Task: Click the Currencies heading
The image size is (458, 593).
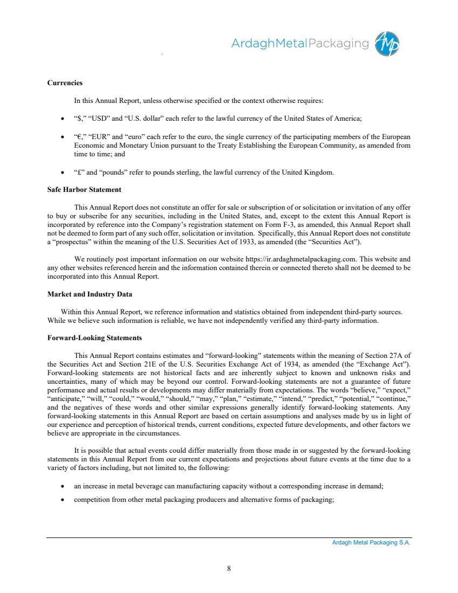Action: pyautogui.click(x=65, y=83)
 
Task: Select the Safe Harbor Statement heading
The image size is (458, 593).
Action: pyautogui.click(x=84, y=189)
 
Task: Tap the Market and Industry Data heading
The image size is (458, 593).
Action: pyautogui.click(x=90, y=294)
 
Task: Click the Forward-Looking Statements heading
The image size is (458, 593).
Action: pyautogui.click(x=94, y=338)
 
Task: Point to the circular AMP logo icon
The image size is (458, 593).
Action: pyautogui.click(x=387, y=43)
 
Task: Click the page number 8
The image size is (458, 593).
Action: pyautogui.click(x=229, y=568)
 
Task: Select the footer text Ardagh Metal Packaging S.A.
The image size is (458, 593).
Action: pyautogui.click(x=371, y=543)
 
